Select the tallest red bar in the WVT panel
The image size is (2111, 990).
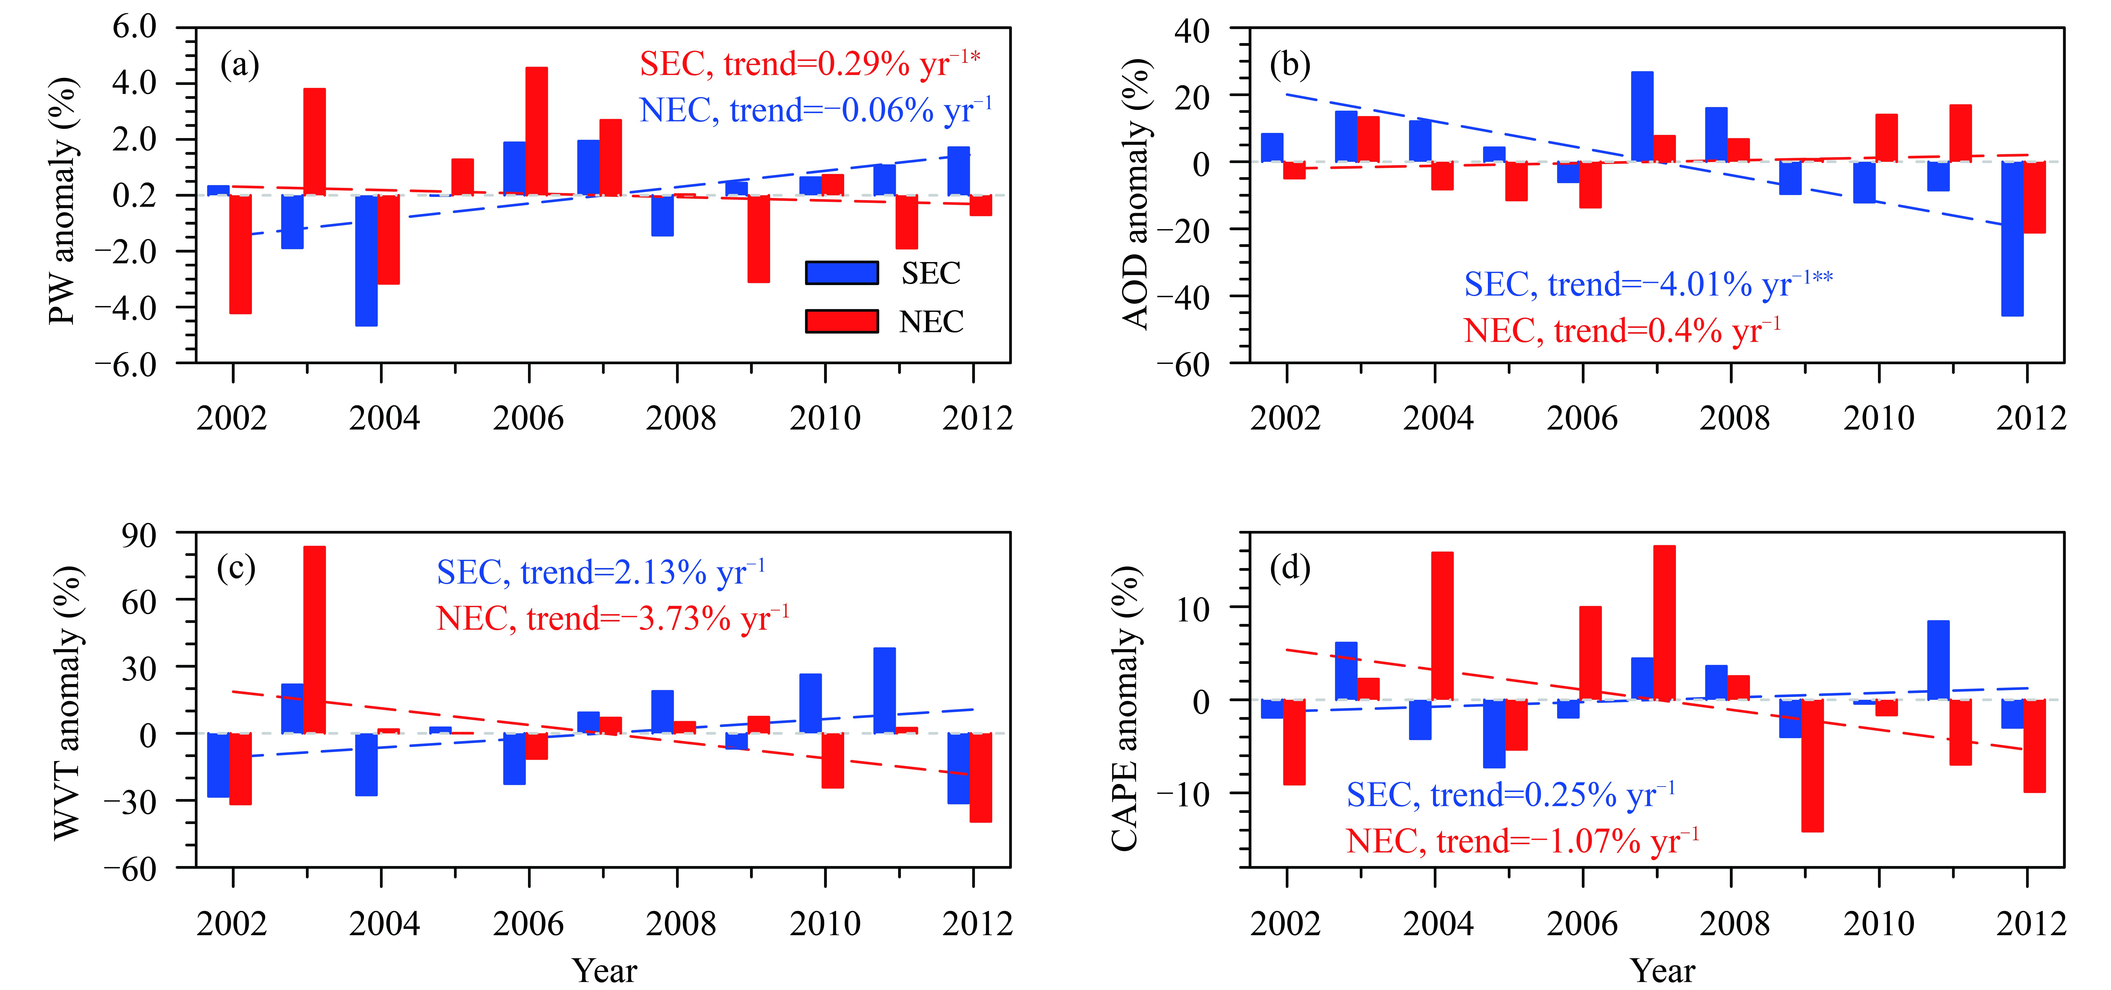click(314, 639)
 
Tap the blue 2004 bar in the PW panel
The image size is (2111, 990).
click(366, 261)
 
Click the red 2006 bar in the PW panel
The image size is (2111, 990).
click(537, 131)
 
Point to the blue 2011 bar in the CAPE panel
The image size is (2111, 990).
click(1938, 660)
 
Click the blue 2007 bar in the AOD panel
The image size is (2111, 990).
click(1641, 116)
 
